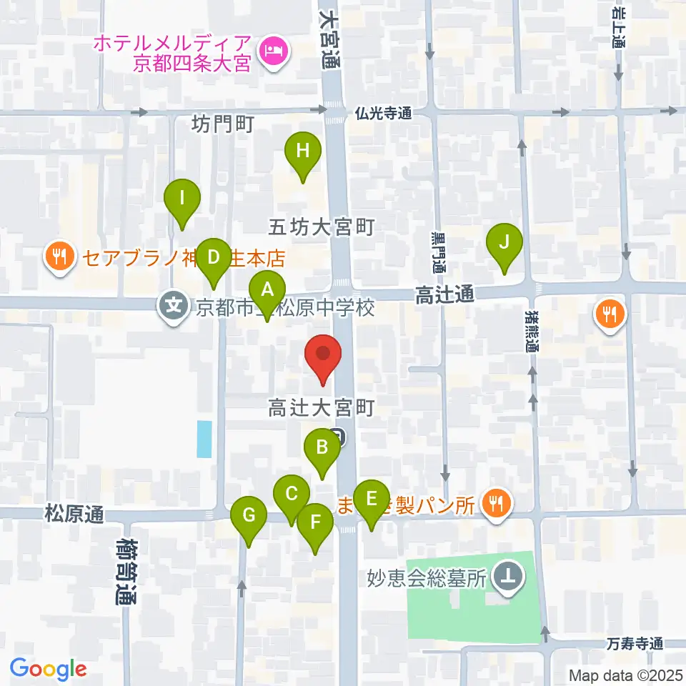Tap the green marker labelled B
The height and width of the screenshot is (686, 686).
[322, 449]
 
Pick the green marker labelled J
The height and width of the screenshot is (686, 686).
[504, 243]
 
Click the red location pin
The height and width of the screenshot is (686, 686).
[323, 354]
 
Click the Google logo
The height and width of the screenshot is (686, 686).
[49, 669]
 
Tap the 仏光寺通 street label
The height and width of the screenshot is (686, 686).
[384, 113]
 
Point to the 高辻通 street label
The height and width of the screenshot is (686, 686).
[444, 294]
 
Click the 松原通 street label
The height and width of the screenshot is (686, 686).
[74, 513]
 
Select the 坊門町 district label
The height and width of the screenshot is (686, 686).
[223, 125]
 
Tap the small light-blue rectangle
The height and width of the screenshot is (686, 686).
[204, 439]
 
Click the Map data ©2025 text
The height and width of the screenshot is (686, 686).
[626, 675]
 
